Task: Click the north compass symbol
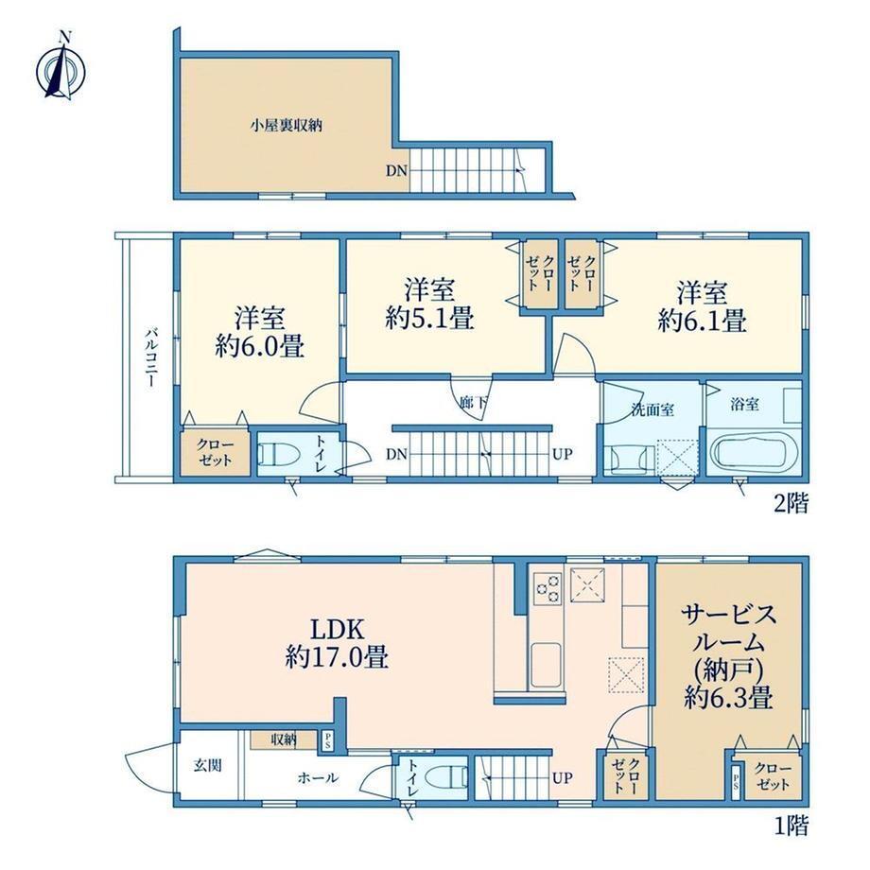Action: click(61, 69)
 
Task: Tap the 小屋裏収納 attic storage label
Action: click(286, 126)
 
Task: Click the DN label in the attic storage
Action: click(396, 171)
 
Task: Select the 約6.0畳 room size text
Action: click(260, 347)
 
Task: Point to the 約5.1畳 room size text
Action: click(429, 319)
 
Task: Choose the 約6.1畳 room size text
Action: click(702, 321)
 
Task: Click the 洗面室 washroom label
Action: click(653, 409)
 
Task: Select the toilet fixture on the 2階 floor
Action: click(279, 455)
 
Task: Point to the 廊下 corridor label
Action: click(473, 403)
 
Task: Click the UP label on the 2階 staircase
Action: click(562, 455)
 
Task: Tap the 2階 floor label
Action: click(792, 504)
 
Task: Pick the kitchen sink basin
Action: click(547, 665)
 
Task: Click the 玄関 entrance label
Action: click(208, 765)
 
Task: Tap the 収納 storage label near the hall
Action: click(284, 739)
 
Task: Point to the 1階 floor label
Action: click(792, 826)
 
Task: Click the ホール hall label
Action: click(318, 778)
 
